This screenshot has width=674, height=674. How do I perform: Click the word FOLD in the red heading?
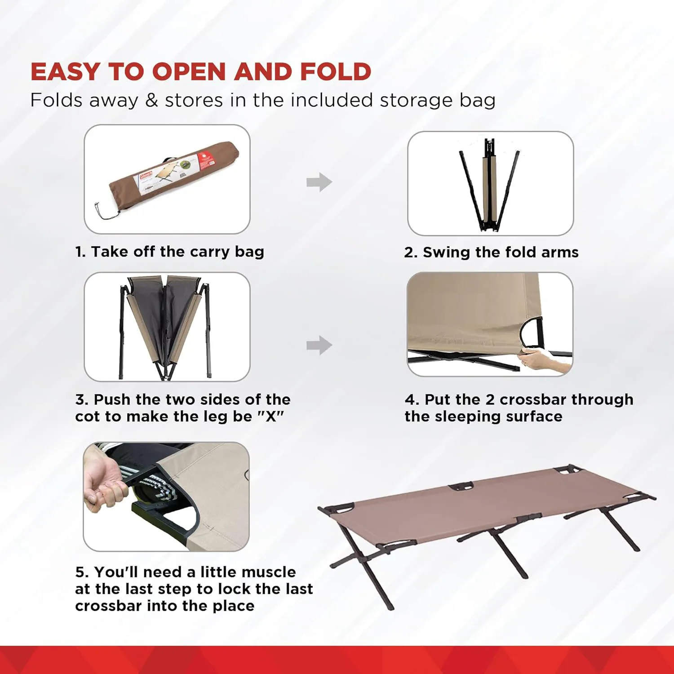tap(336, 72)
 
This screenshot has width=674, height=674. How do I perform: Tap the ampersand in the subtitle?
tap(152, 100)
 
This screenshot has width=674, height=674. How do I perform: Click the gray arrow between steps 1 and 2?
tap(319, 182)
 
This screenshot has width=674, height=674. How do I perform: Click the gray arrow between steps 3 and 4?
tap(319, 345)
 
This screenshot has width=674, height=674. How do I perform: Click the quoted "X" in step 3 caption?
tap(270, 417)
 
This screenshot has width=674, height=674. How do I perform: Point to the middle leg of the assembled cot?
tap(508, 553)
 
